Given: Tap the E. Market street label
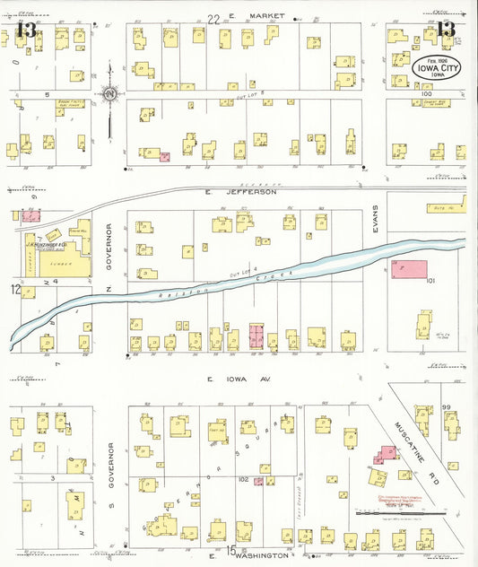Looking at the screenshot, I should (256, 17).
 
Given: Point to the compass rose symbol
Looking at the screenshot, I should (109, 92).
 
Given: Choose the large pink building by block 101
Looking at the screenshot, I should (411, 273).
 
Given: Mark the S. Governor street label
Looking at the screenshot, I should (111, 466).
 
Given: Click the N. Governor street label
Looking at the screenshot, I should (111, 246).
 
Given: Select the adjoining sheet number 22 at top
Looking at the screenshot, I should (213, 18).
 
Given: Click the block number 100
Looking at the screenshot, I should (425, 93).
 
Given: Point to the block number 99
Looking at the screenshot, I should (445, 407).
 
